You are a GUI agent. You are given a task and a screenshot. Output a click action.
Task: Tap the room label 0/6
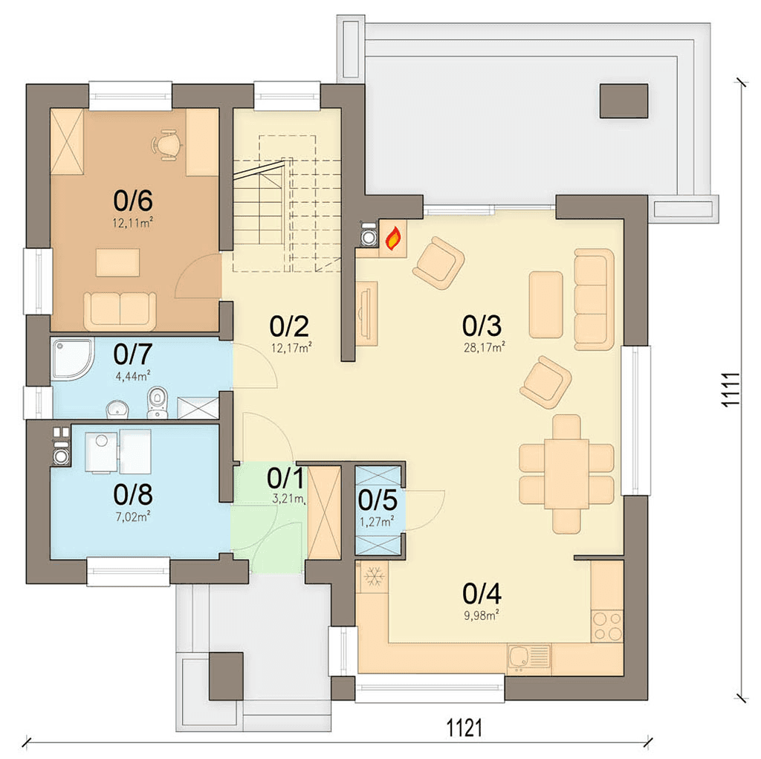(133, 201)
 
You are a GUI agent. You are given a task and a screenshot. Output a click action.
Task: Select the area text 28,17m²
(484, 347)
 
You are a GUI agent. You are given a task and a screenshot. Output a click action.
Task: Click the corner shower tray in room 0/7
(73, 359)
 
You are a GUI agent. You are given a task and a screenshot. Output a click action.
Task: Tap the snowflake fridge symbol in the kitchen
(374, 577)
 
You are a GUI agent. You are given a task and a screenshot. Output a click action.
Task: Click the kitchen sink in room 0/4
(529, 659)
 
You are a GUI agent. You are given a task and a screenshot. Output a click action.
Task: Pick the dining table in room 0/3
(566, 474)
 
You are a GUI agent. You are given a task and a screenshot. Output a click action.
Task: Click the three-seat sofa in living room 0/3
(594, 300)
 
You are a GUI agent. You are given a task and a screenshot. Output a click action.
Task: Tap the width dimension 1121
(464, 729)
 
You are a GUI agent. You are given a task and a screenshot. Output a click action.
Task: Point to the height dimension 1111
(731, 390)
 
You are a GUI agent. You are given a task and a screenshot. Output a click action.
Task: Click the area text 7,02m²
(132, 516)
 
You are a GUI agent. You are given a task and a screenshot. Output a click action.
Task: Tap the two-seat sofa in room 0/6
(120, 311)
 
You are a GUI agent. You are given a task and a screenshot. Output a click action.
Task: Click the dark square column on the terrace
(624, 101)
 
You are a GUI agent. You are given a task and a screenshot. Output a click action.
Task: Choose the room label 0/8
(133, 495)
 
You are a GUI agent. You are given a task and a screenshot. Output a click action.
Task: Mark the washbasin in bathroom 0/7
(117, 409)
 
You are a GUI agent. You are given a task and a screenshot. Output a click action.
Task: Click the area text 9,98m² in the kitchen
(482, 616)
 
